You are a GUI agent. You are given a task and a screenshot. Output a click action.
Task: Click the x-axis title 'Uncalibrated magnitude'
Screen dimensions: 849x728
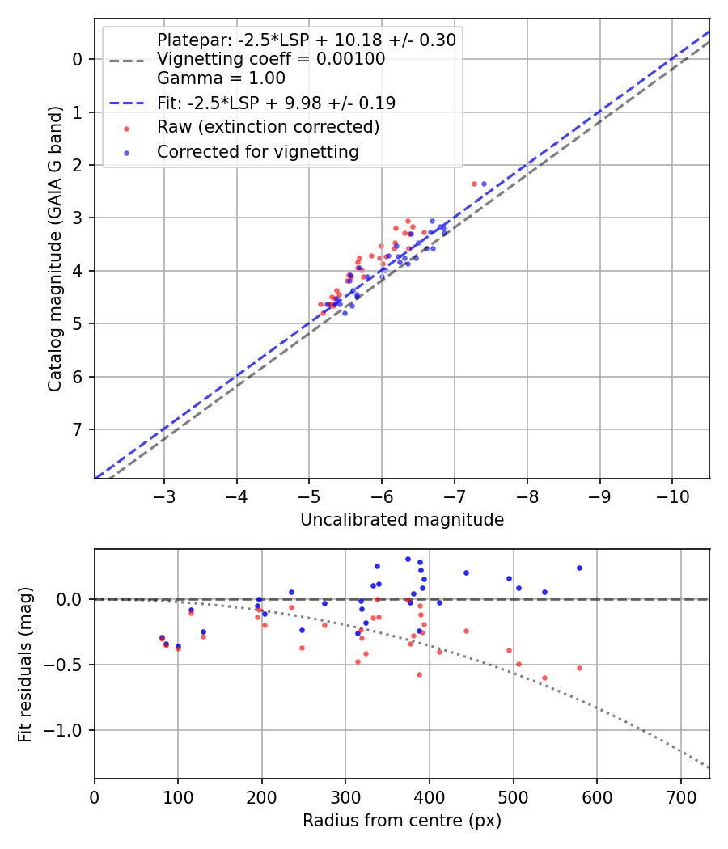click(x=402, y=520)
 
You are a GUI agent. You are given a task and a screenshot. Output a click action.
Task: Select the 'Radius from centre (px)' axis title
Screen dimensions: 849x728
click(x=402, y=821)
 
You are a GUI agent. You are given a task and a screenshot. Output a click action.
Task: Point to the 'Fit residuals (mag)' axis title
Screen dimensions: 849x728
click(x=25, y=664)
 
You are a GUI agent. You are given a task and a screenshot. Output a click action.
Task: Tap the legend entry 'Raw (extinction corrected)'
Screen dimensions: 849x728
click(x=268, y=127)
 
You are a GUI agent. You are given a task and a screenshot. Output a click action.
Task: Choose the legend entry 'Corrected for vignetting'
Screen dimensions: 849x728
click(x=257, y=151)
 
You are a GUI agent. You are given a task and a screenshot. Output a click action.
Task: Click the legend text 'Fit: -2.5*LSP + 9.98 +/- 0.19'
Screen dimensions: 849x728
click(x=276, y=103)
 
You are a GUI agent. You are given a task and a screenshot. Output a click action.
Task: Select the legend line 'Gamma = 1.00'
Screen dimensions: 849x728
click(x=221, y=78)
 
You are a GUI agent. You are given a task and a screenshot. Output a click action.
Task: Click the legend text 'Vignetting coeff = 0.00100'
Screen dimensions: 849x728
click(x=271, y=59)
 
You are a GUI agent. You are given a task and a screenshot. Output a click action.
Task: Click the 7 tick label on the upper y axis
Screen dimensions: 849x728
click(x=78, y=430)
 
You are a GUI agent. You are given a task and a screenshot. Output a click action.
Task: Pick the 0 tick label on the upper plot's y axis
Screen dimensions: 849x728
click(x=78, y=59)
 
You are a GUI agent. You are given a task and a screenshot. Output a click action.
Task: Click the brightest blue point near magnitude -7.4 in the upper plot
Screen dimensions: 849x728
click(x=484, y=184)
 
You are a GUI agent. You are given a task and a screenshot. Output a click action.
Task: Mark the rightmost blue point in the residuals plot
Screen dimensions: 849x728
click(x=579, y=568)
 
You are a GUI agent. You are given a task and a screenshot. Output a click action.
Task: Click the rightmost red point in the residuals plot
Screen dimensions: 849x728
click(x=579, y=668)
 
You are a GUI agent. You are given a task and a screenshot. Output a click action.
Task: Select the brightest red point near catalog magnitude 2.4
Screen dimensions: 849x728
click(x=474, y=184)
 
